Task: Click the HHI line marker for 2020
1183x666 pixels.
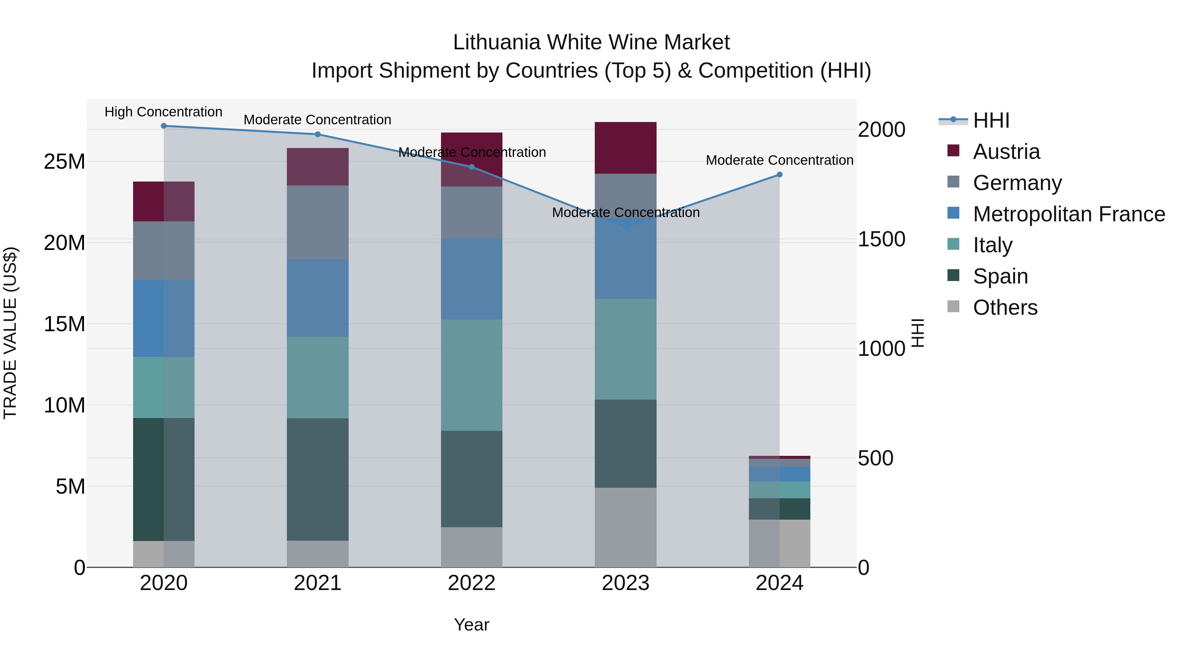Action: [164, 126]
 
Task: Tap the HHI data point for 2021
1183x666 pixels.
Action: [318, 134]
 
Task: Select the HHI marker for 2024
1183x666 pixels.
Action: [779, 175]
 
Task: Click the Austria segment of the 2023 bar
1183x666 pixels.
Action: [625, 148]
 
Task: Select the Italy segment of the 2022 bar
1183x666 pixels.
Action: [472, 375]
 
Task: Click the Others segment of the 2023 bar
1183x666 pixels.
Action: [625, 527]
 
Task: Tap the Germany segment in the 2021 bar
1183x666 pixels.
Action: [318, 222]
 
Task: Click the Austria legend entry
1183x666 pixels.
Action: [1006, 152]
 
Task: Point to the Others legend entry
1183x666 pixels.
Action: [1005, 308]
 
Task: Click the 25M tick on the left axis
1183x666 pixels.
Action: [65, 162]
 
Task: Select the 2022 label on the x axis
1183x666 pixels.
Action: [472, 583]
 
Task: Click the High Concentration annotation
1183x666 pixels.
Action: [164, 112]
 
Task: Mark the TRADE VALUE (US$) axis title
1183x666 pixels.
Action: [10, 333]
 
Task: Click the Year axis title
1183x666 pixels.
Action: [472, 625]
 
